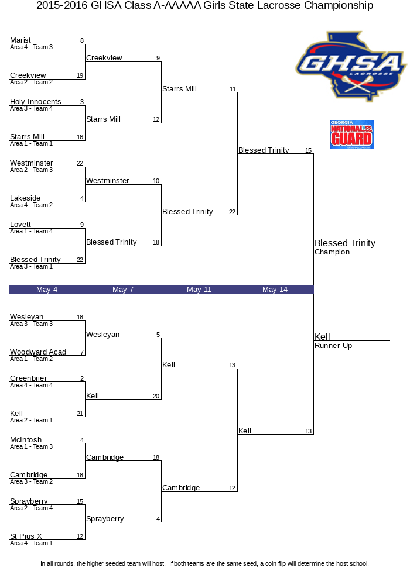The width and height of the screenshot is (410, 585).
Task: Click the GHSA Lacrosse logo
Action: [351, 67]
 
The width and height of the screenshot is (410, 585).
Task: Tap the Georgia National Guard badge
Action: [351, 135]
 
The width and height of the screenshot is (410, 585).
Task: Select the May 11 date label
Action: [199, 290]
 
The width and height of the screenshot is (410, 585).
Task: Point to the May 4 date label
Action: [47, 290]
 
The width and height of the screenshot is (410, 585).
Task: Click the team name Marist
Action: [20, 40]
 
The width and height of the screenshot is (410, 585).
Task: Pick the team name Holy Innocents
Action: [36, 101]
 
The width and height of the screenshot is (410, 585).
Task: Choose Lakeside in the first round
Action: [25, 198]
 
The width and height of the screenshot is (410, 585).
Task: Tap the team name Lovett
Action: [20, 225]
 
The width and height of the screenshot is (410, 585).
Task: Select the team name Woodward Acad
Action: [38, 352]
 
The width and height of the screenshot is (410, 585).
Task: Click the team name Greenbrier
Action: [28, 378]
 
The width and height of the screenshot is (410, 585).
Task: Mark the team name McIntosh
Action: [26, 440]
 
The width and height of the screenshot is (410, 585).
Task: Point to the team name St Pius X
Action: [26, 536]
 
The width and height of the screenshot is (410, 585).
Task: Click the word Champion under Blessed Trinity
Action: [332, 252]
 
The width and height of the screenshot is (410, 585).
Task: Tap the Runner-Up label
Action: [333, 346]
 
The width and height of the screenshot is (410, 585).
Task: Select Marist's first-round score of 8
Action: [82, 41]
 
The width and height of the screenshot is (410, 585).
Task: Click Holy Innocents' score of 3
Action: [82, 102]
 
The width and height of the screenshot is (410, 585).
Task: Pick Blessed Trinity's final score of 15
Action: [308, 150]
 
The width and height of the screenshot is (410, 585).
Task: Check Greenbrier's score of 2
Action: [82, 378]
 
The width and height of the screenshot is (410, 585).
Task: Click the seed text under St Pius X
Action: [32, 543]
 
